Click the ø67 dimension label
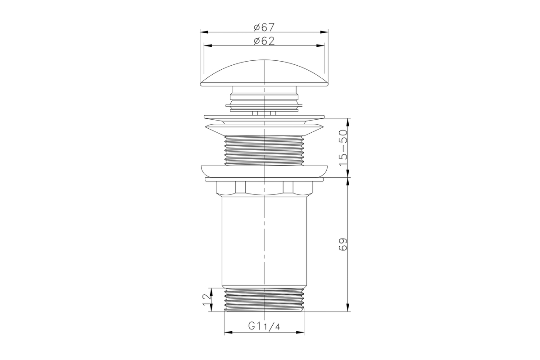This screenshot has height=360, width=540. point(264,27)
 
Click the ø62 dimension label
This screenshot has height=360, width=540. point(264,41)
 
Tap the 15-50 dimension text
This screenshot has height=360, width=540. point(343,148)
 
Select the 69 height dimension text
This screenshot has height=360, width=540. point(343,244)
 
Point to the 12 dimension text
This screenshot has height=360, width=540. point(207,300)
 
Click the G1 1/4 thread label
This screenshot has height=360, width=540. point(264,326)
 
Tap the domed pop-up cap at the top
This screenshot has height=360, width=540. point(264,73)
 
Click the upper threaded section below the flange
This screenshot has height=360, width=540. point(264,150)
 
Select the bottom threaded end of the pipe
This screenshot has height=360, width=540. point(264,300)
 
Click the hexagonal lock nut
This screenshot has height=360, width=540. point(264,189)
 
